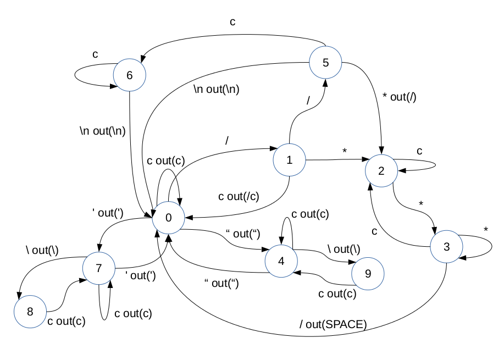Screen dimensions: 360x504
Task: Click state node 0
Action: click(x=168, y=218)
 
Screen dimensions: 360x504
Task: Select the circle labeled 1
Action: click(x=290, y=160)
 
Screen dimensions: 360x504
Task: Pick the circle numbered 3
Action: click(x=446, y=247)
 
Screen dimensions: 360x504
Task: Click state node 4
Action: click(x=281, y=261)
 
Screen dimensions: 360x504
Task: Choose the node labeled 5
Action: click(x=325, y=62)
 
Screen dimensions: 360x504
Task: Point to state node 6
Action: click(x=130, y=75)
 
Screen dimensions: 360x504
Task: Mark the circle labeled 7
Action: click(x=99, y=268)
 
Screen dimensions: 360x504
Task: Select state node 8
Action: click(x=30, y=312)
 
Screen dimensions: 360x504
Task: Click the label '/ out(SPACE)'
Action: click(x=333, y=325)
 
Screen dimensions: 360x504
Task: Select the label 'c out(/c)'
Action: click(x=239, y=197)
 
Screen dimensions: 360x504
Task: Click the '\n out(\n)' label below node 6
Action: click(x=102, y=131)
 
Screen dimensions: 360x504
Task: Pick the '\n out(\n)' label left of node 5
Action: click(x=216, y=88)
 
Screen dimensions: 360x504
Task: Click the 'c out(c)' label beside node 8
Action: click(x=67, y=322)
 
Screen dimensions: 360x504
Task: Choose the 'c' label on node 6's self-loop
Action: click(x=95, y=55)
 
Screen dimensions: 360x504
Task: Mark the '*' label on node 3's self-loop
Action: click(x=485, y=229)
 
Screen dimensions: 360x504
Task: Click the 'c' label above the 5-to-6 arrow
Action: click(x=232, y=22)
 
